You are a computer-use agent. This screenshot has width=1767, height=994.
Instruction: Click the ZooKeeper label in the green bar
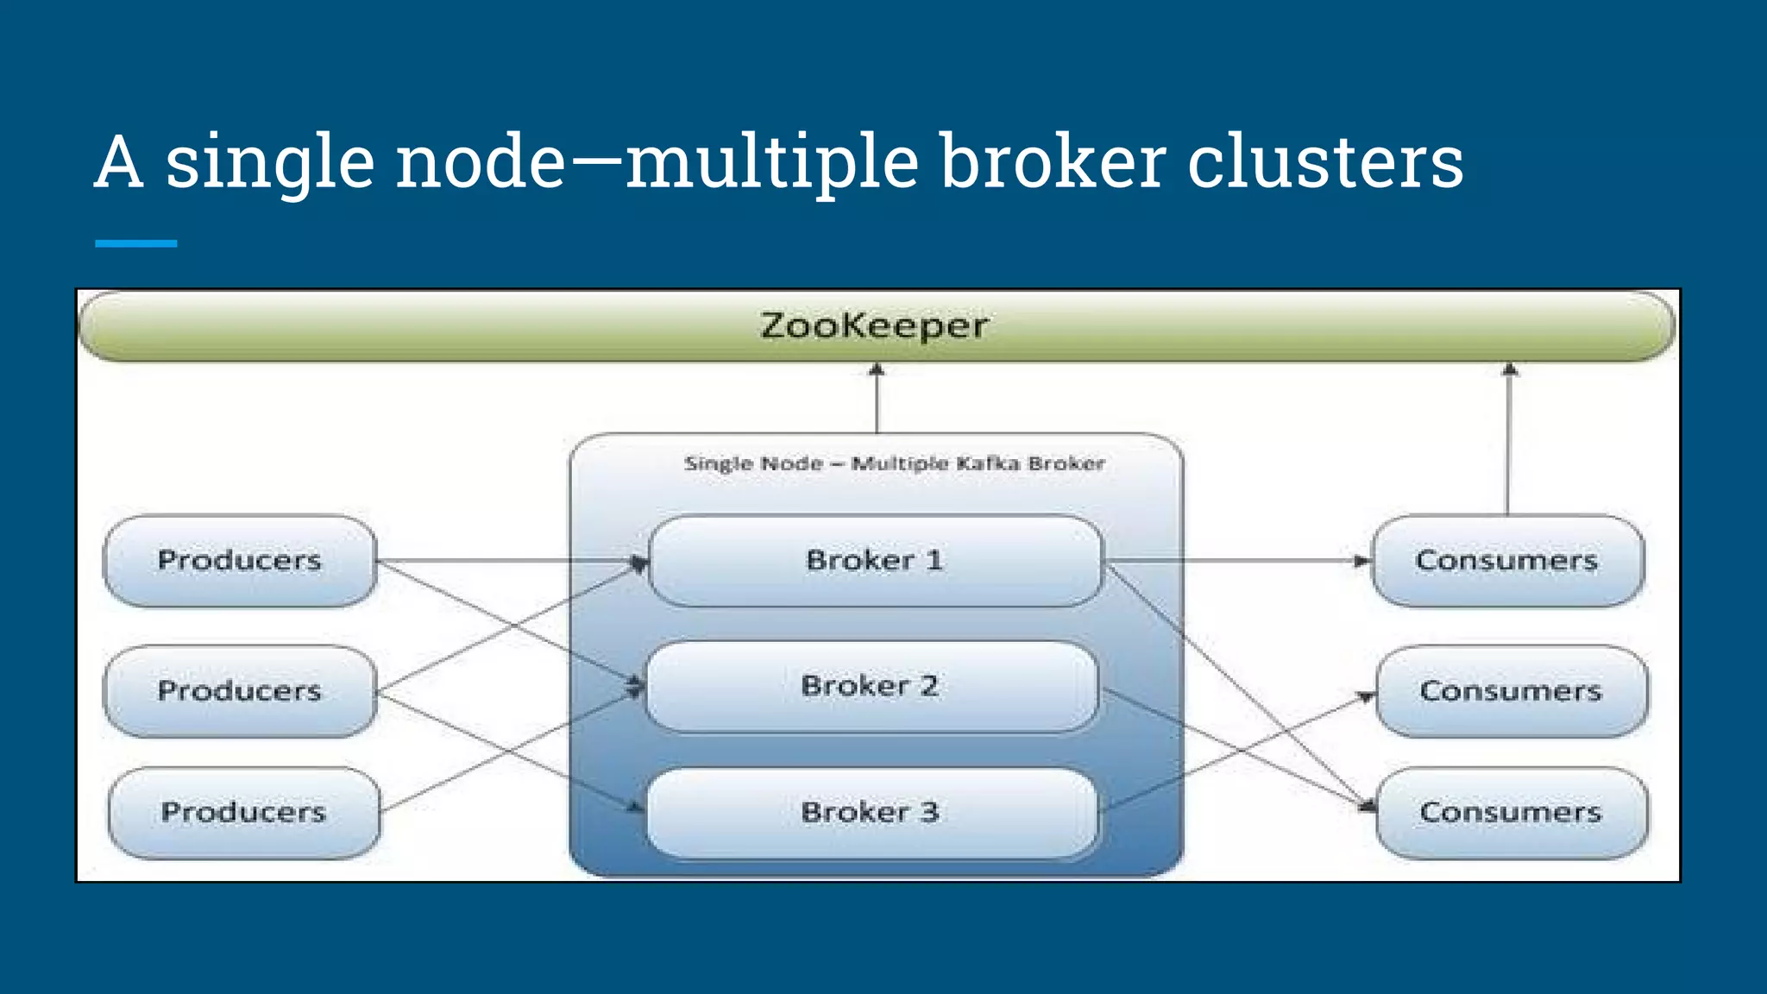[x=874, y=326]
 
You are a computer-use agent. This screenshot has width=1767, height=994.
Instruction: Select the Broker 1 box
[x=874, y=561]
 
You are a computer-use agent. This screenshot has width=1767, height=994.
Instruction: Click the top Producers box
[x=239, y=561]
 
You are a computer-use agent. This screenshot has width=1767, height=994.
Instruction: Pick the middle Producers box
[x=239, y=691]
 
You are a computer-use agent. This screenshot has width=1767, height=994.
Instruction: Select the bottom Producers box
[x=243, y=812]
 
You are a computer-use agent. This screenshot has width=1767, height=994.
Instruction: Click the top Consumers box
[x=1506, y=561]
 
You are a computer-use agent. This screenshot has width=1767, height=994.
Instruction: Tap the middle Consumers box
[x=1511, y=691]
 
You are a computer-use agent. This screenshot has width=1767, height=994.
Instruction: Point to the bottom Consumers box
[x=1511, y=812]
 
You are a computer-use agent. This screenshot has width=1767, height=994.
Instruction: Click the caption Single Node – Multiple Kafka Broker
[x=894, y=463]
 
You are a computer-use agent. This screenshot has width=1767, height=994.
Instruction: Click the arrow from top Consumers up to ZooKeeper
[x=1508, y=440]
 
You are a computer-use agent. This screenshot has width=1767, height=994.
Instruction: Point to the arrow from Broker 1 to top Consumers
[x=1234, y=561]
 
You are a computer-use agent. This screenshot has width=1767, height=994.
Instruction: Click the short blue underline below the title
[x=135, y=244]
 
